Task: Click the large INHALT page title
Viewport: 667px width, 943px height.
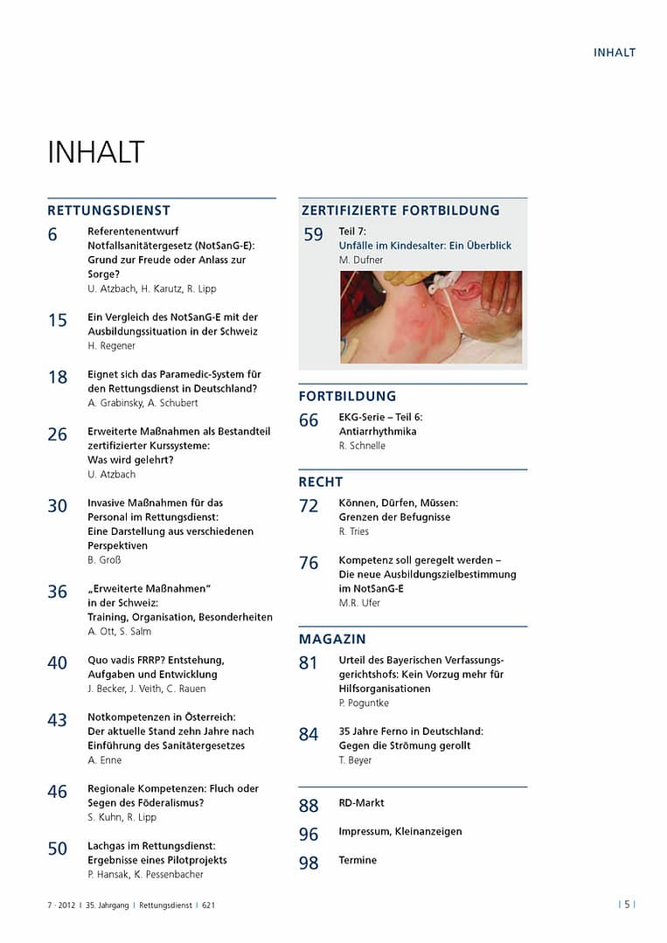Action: coord(95,152)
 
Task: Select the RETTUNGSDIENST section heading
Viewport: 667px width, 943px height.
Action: coord(108,211)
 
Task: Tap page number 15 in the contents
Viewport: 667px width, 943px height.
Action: coord(58,321)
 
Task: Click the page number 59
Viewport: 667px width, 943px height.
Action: coord(313,235)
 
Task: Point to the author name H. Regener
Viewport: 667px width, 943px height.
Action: coord(112,346)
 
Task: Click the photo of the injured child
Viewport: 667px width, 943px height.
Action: coord(430,316)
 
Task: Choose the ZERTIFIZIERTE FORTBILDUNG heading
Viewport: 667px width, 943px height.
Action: coord(400,211)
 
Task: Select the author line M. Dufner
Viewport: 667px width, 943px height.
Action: coord(361,260)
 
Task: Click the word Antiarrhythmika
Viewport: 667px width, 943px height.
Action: coord(378,432)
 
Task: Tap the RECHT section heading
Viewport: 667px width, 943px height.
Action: coord(321,482)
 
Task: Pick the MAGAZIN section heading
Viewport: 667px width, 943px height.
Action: coord(332,640)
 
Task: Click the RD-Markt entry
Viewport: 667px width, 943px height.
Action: coord(361,803)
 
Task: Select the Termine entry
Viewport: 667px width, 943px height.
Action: coord(358,861)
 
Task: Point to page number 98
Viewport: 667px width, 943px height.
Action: coord(309,864)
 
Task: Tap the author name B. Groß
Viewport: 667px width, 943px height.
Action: coord(104,560)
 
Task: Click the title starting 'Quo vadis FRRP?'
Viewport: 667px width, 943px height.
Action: coord(156,661)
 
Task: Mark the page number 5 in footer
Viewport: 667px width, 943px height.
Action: coord(627,905)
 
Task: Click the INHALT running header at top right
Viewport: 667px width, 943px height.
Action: coord(615,52)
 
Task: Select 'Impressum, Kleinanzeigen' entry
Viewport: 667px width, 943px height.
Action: coord(400,832)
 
